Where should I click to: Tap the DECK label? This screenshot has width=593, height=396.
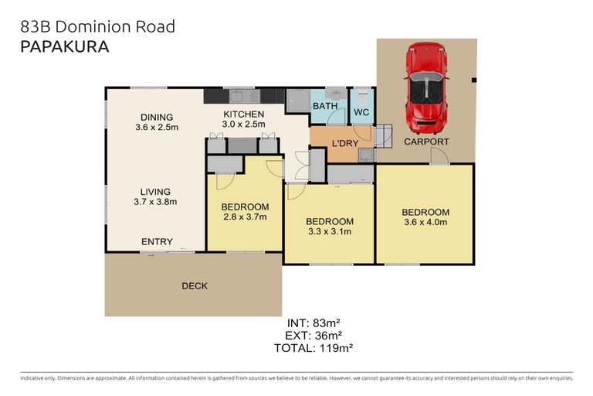click(195, 286)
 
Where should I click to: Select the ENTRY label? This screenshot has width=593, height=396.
click(157, 242)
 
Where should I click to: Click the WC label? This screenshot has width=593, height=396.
click(361, 112)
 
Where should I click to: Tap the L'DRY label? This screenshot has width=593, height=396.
click(345, 143)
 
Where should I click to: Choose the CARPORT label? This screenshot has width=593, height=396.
click(426, 142)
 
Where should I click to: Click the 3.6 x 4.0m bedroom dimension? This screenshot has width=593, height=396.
click(425, 223)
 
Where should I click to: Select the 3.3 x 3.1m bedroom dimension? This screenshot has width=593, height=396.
click(330, 231)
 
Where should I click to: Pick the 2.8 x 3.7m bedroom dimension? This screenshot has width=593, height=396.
click(245, 217)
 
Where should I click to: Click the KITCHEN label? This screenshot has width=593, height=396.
click(243, 114)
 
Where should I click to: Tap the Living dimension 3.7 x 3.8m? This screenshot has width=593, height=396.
click(156, 203)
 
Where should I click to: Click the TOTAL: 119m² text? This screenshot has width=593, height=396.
click(313, 349)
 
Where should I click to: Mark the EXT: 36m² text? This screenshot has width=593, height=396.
click(313, 336)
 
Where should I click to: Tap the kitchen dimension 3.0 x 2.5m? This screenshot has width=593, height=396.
click(243, 124)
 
